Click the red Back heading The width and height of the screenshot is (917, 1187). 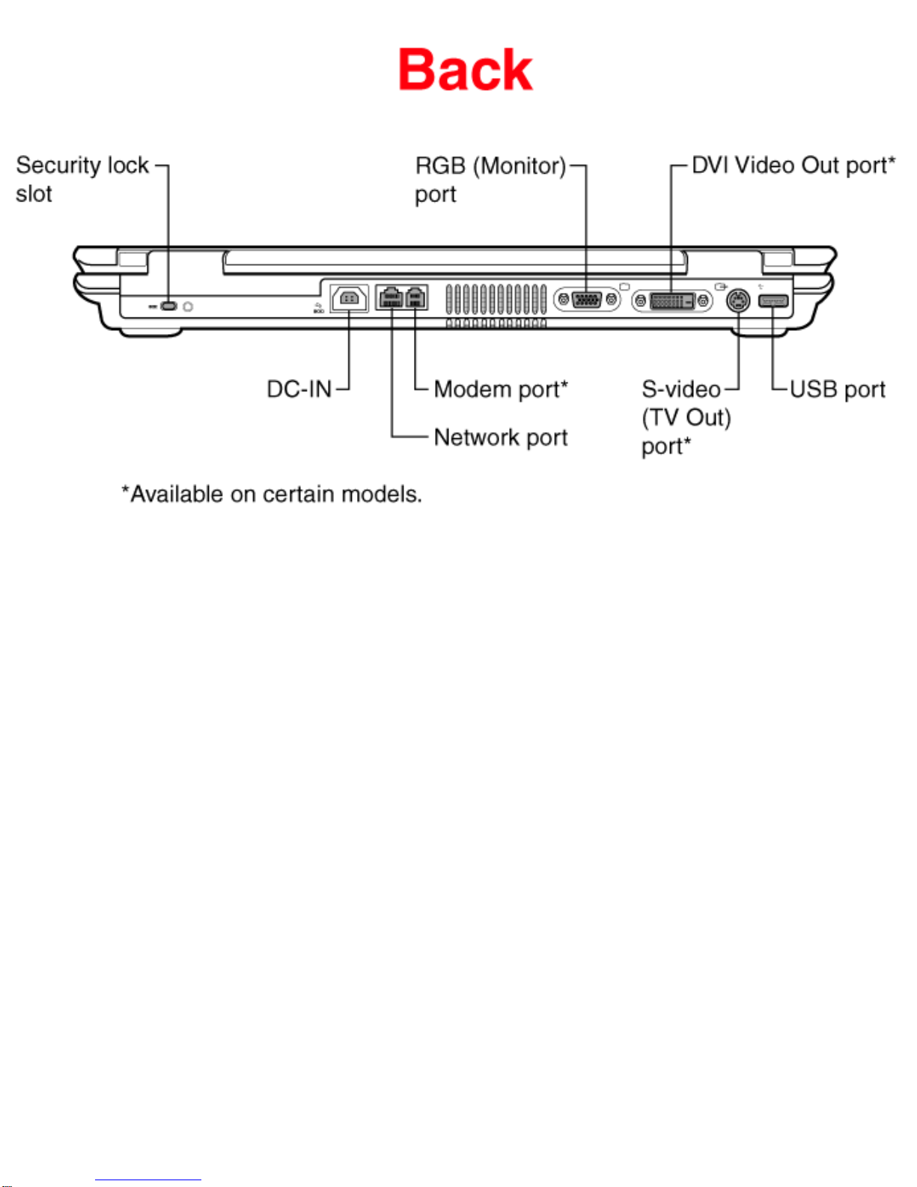coord(465,70)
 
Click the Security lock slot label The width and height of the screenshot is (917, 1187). coord(82,179)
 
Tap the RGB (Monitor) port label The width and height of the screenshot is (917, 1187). coord(490,180)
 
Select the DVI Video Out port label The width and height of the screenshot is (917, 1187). coord(793,165)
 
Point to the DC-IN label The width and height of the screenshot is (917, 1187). coord(299,389)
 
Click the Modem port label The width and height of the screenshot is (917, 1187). coord(501,389)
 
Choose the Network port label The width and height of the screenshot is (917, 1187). coord(501,437)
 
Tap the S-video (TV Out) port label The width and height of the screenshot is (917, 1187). coord(686,418)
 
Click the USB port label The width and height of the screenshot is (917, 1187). coord(838,389)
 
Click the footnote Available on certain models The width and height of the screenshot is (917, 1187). coord(272,494)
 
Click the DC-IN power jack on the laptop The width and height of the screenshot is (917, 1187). coord(350,299)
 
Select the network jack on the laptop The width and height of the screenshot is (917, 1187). coord(390,298)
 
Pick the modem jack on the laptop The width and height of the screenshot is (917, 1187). coord(415,298)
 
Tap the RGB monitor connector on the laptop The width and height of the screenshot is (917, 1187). coord(587,300)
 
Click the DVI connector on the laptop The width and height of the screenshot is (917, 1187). coord(672,300)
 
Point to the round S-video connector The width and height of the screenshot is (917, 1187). coord(738,300)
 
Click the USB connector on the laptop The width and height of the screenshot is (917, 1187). coord(773,300)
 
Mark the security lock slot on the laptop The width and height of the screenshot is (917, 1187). coord(168,306)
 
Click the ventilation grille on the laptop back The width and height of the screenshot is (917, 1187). coord(496,306)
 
